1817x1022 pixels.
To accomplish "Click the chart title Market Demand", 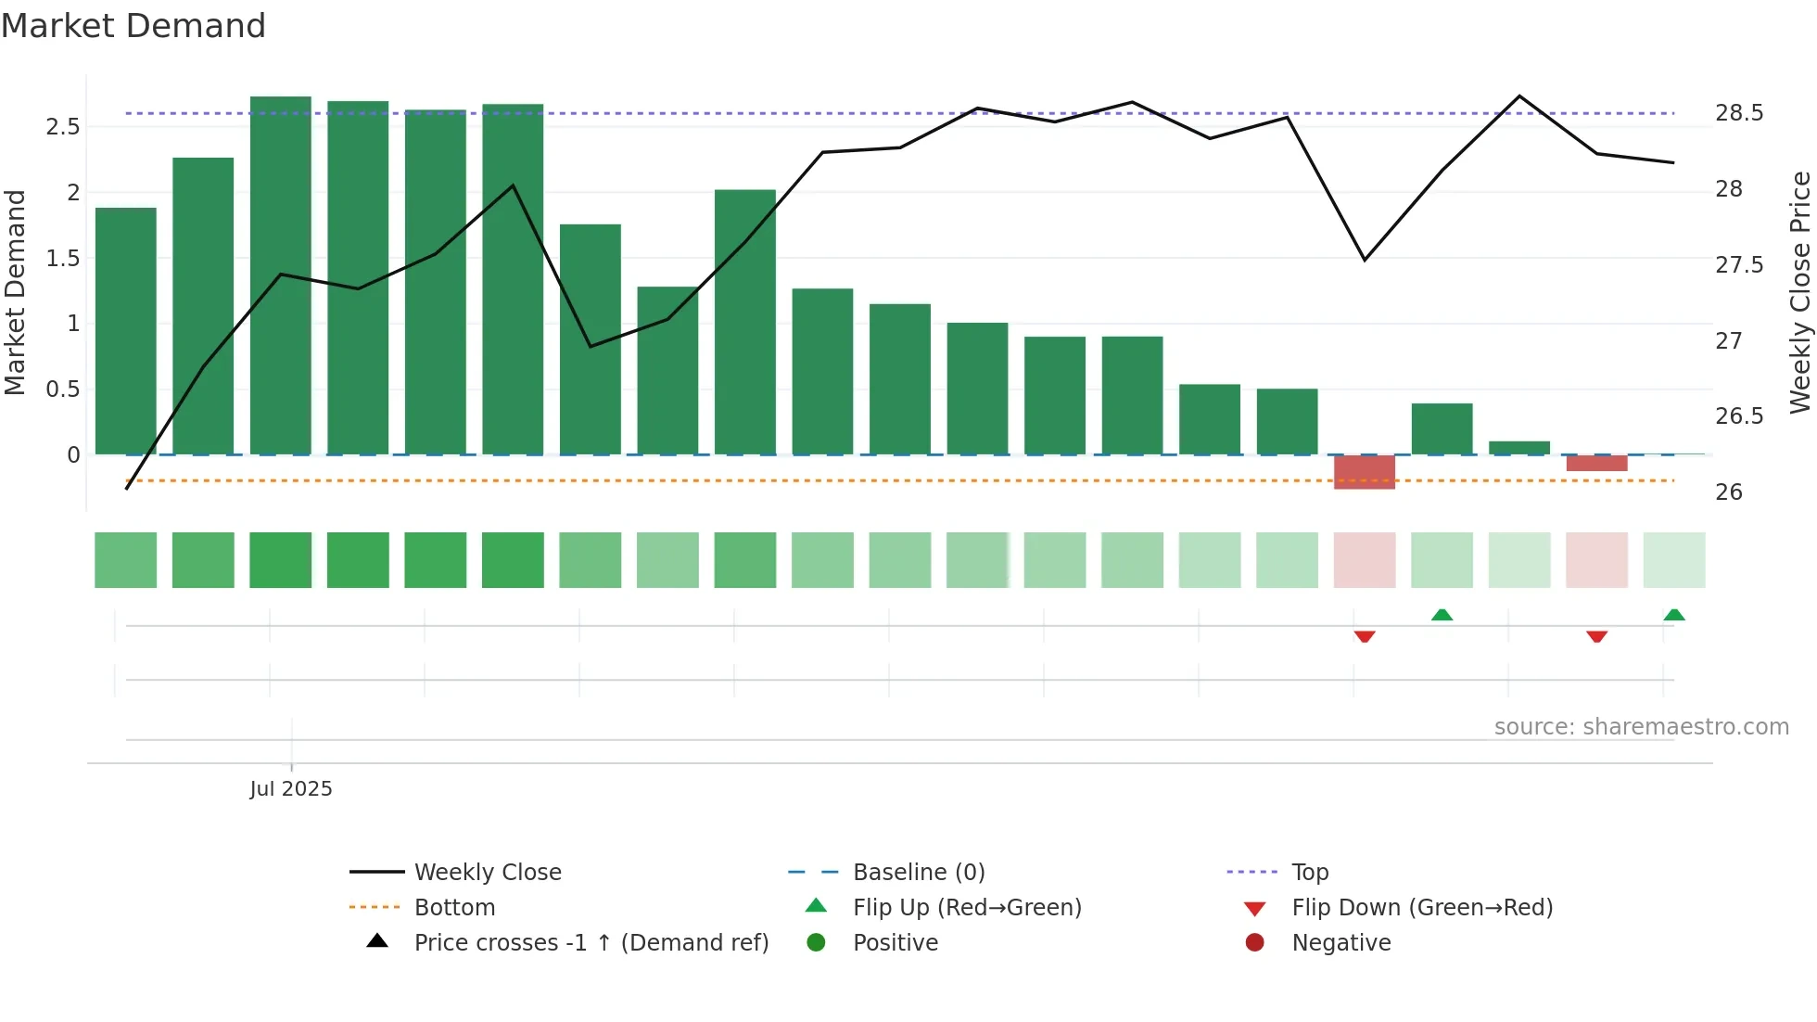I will (x=133, y=26).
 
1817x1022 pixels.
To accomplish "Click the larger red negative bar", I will (x=1365, y=472).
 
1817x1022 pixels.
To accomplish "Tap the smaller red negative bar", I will (x=1596, y=463).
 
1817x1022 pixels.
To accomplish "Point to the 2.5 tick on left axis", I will (x=63, y=127).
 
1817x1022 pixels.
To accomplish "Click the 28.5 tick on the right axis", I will (x=1739, y=113).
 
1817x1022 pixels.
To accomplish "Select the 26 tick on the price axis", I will (x=1729, y=492).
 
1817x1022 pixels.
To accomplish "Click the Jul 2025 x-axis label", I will (x=291, y=789).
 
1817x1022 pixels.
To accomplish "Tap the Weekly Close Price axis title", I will (x=1799, y=292).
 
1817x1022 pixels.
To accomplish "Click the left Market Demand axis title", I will (x=16, y=292).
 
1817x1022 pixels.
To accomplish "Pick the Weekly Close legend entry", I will (x=488, y=873).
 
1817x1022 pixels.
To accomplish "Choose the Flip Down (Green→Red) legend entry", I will (x=1421, y=908).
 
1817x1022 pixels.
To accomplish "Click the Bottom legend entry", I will (x=454, y=908).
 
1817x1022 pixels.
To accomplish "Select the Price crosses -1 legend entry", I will (x=591, y=943).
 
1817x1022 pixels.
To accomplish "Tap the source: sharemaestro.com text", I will (x=1641, y=727).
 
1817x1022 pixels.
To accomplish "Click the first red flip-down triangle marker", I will (x=1365, y=636).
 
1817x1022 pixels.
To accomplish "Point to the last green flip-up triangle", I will (x=1673, y=615).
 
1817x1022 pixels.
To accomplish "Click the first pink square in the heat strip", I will (x=1365, y=560).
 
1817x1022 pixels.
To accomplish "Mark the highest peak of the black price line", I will (x=1519, y=96).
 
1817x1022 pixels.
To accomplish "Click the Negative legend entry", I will (x=1341, y=943).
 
